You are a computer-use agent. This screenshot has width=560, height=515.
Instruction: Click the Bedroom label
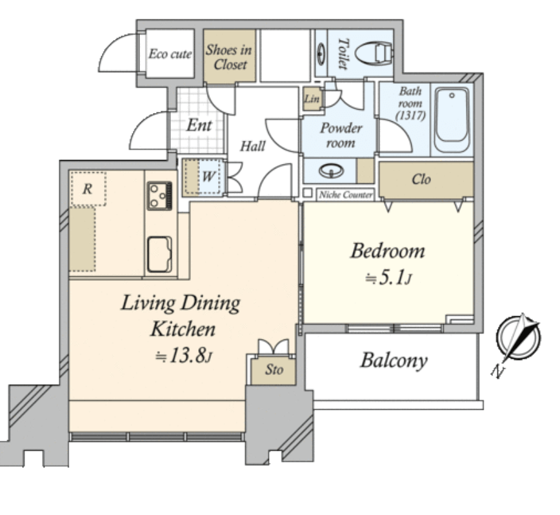(x=388, y=250)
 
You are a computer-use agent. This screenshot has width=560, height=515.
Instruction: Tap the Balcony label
(x=394, y=360)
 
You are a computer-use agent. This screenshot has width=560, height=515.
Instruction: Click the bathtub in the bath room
(x=452, y=119)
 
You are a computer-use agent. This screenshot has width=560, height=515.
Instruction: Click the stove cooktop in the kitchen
(x=159, y=196)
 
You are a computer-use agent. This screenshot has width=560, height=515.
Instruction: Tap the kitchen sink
(x=159, y=254)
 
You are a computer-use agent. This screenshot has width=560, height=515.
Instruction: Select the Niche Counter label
(x=345, y=195)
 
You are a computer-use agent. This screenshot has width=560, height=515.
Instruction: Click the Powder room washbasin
(x=331, y=170)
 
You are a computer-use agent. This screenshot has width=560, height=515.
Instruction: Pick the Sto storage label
(x=274, y=370)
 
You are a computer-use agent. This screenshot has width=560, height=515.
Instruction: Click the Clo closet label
(x=421, y=179)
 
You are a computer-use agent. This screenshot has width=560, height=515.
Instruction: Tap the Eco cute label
(x=170, y=54)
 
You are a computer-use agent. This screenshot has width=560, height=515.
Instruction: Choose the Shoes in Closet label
(x=229, y=57)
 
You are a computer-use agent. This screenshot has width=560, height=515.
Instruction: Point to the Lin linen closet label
(x=312, y=98)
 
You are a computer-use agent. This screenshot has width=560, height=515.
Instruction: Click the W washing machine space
(x=205, y=176)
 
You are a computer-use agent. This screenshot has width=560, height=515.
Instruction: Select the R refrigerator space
(x=88, y=189)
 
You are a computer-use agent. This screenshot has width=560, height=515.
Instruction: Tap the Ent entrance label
(x=199, y=125)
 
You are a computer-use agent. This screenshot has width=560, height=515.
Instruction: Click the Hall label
(x=252, y=146)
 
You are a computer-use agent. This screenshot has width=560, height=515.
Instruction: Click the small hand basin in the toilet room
(x=321, y=54)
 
